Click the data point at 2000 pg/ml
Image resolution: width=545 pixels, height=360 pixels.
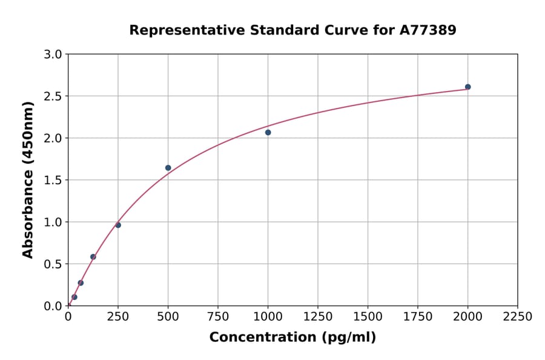[x=467, y=87]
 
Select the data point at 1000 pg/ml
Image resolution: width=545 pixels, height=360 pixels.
[x=268, y=132]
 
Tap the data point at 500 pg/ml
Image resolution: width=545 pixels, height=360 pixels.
[x=168, y=168]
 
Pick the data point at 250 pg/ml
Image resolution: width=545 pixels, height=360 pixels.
[x=118, y=225]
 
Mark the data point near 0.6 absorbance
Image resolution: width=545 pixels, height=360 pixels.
[x=93, y=256]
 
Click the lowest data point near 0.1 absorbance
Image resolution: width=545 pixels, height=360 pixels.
[x=74, y=297]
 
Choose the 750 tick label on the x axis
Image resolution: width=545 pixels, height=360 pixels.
[x=218, y=316]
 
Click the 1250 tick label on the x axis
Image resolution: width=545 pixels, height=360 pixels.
[x=318, y=316]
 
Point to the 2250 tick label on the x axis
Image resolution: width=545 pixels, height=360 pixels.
[x=518, y=316]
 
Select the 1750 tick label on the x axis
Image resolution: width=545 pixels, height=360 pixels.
[x=418, y=316]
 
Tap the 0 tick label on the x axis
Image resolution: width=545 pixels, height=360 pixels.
[x=68, y=316]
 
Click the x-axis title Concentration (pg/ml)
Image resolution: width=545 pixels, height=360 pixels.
[x=292, y=338]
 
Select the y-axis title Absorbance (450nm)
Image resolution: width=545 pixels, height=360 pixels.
[x=28, y=180]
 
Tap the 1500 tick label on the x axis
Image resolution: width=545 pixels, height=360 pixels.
[x=368, y=316]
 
